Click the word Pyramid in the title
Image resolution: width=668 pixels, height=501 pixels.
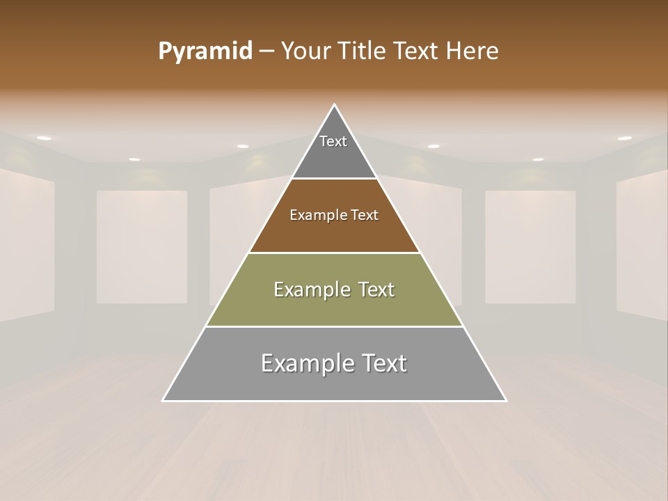click(205, 51)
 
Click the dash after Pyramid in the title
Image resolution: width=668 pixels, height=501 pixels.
click(267, 51)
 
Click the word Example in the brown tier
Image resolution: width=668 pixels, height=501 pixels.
click(312, 215)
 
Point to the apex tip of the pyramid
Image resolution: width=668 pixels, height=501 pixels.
click(335, 105)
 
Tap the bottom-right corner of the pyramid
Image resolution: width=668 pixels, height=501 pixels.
click(505, 400)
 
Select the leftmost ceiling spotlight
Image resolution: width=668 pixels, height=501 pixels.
click(44, 138)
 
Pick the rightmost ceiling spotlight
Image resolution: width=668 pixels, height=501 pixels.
click(625, 138)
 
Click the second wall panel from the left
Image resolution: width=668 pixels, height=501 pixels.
click(142, 246)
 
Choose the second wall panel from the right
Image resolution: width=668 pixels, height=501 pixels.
click(530, 246)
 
